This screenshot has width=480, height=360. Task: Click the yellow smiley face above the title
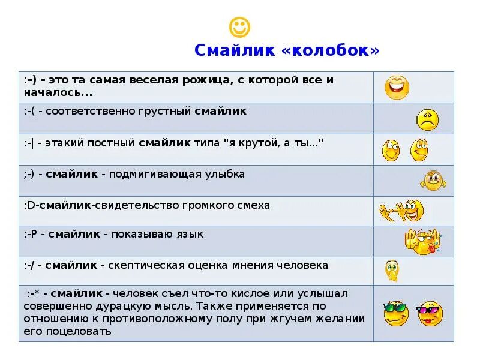point(239,26)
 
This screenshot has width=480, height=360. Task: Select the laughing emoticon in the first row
point(397,88)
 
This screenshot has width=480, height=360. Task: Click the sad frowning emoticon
point(428,119)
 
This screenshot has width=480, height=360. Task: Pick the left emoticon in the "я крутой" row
point(391,150)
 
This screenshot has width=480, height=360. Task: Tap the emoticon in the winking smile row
point(433,180)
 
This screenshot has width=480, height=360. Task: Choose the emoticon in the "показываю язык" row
point(422,241)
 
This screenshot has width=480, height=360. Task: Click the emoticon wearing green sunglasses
point(395,313)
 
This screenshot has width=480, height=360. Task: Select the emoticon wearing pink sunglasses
point(429,313)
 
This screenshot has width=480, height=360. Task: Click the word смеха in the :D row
point(254,205)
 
